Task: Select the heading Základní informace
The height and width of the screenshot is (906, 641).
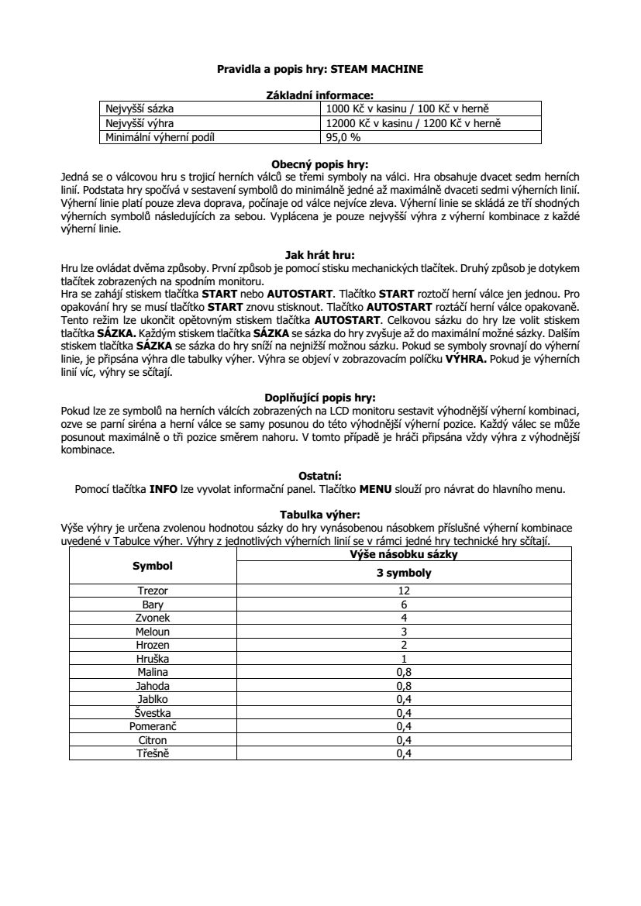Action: (319, 95)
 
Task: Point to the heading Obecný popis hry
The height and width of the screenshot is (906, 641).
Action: (319, 164)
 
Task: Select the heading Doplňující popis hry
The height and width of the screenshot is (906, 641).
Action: (319, 397)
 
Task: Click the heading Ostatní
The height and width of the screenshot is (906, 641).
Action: (319, 475)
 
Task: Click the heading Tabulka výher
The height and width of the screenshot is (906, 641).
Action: (319, 514)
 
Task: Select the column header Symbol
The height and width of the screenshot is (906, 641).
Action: (153, 566)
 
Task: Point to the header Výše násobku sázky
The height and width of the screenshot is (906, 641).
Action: (403, 554)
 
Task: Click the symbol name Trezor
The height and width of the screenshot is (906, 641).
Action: (153, 591)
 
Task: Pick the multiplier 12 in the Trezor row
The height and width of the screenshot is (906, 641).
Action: (403, 591)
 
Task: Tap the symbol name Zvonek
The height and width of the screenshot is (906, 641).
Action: (153, 618)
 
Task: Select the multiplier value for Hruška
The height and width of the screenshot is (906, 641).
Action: (403, 659)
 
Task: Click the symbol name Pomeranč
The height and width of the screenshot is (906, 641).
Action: (153, 726)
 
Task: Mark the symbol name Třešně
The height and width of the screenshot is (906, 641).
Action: (153, 753)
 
